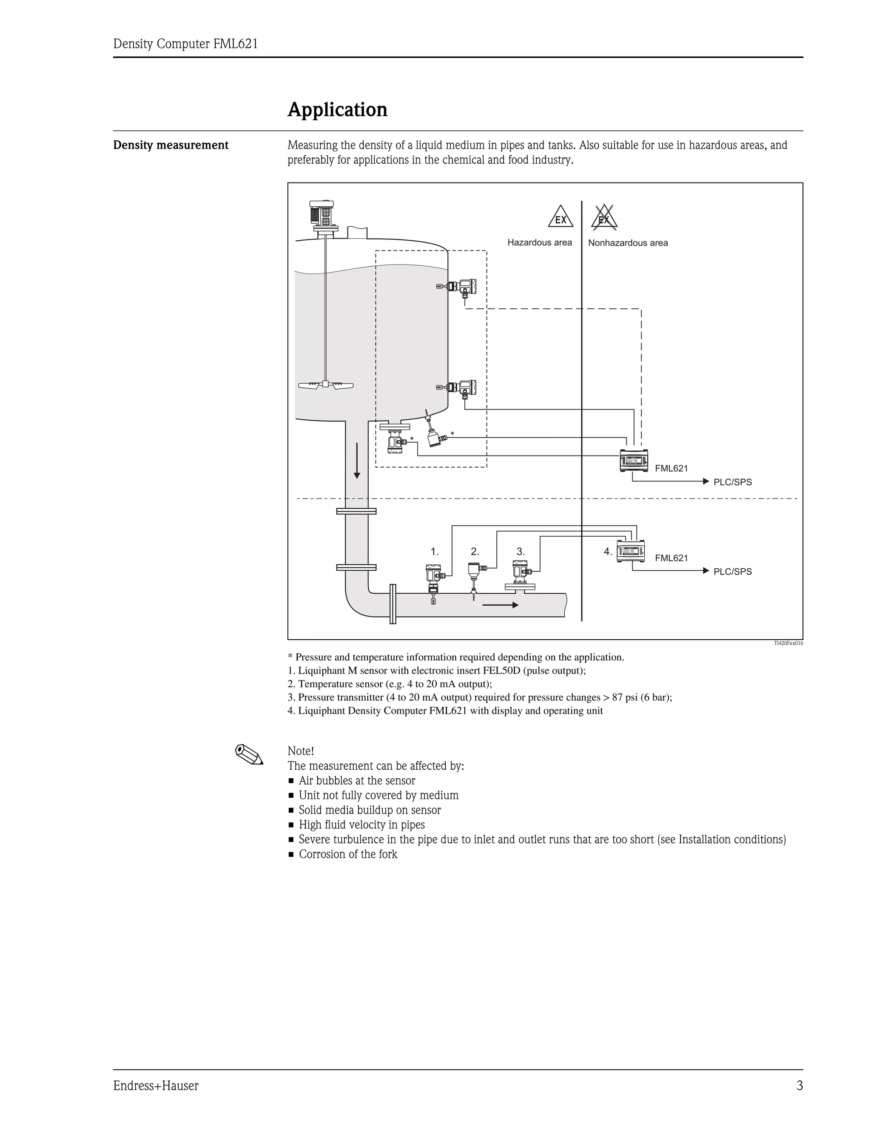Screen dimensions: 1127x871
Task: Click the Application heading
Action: click(337, 110)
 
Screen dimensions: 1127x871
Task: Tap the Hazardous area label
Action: click(539, 242)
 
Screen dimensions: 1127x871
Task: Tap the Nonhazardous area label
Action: click(627, 243)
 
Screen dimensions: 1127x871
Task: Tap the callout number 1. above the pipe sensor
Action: click(435, 552)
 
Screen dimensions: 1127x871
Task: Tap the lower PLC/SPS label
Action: click(732, 572)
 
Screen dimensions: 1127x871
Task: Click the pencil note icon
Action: click(249, 755)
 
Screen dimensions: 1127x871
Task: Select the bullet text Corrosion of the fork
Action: click(348, 854)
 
